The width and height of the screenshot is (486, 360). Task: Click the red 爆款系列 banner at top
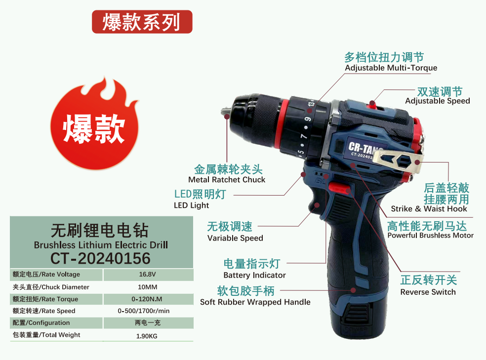142,22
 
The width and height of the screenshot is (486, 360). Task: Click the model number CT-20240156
100,258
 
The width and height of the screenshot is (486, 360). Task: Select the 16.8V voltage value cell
147,275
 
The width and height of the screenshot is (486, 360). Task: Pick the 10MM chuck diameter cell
147,287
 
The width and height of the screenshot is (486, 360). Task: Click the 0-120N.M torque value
147,299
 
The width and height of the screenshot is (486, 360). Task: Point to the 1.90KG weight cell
147,336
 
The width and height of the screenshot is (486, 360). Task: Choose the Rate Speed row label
44,311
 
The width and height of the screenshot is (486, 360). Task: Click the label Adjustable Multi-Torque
391,68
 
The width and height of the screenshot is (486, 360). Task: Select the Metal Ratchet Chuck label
227,180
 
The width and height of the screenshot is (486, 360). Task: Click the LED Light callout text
192,205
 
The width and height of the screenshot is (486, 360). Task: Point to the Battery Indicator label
254,275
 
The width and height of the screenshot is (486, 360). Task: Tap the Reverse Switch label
428,292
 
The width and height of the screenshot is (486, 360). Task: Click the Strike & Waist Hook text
429,209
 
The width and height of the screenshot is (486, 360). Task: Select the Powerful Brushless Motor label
430,236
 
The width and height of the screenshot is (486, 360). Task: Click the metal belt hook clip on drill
395,163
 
